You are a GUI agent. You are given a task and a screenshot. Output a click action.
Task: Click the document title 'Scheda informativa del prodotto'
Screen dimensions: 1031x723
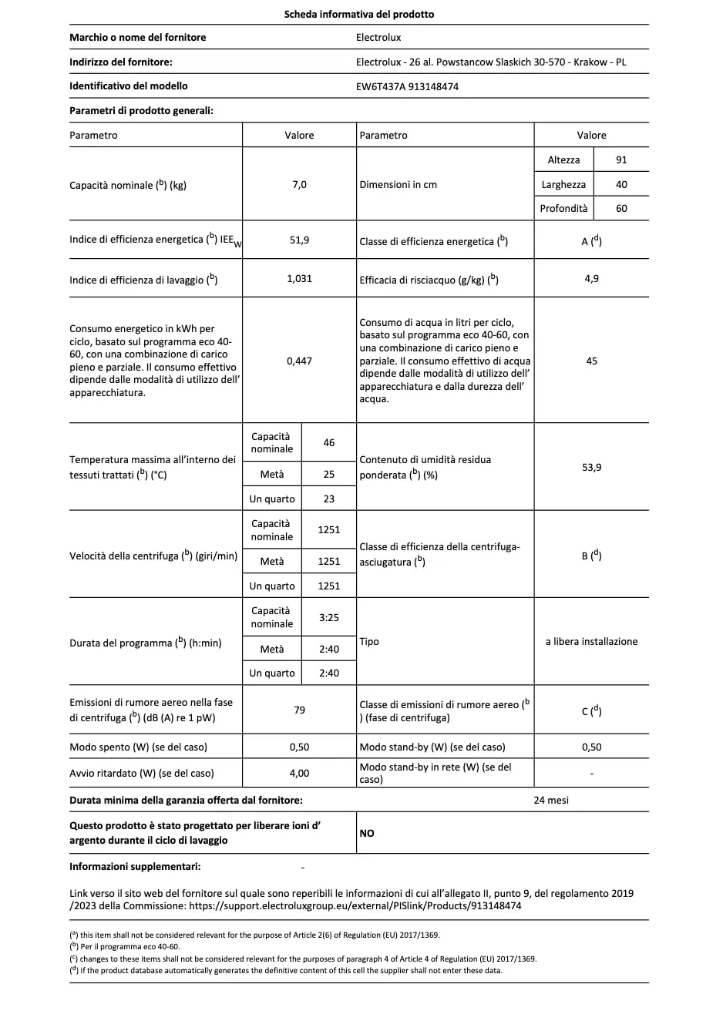tap(358, 14)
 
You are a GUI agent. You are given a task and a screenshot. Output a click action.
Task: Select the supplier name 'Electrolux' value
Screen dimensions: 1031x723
tap(378, 37)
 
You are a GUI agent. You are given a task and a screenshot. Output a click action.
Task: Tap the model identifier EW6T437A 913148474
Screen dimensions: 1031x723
tap(407, 86)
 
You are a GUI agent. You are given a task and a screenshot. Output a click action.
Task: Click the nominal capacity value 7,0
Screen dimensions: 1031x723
tap(299, 184)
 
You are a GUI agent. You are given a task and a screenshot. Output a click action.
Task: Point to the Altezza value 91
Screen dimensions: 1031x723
tap(621, 160)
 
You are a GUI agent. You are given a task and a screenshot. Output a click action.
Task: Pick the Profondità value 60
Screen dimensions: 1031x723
tap(621, 208)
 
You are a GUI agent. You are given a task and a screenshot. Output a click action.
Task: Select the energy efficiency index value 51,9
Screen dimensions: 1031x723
tap(299, 240)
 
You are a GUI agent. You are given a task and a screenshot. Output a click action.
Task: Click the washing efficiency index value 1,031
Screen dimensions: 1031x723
tap(299, 278)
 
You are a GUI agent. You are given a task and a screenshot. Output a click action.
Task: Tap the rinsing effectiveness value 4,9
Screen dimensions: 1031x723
tap(591, 278)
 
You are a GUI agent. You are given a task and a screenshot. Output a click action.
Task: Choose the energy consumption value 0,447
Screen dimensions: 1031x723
tap(299, 361)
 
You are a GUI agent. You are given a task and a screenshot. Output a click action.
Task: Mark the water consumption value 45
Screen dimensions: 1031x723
tap(591, 361)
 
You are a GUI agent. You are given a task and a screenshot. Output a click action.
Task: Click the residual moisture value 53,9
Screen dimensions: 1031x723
tap(591, 467)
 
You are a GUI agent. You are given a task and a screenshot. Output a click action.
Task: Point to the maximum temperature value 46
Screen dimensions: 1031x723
tap(329, 442)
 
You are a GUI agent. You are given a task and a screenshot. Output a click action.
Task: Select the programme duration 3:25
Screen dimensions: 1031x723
tap(329, 617)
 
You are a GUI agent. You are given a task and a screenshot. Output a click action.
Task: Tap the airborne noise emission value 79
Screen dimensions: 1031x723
tap(299, 710)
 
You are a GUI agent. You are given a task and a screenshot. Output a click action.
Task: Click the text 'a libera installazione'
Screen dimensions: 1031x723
tap(591, 641)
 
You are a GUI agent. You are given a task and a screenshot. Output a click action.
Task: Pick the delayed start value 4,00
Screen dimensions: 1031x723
tap(299, 773)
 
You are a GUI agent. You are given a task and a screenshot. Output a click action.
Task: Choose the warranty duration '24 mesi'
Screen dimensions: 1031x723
tap(551, 800)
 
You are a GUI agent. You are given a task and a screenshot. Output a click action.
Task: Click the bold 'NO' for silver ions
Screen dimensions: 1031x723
tap(367, 833)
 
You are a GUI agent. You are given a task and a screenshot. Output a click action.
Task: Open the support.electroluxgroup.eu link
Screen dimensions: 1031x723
tap(355, 905)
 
